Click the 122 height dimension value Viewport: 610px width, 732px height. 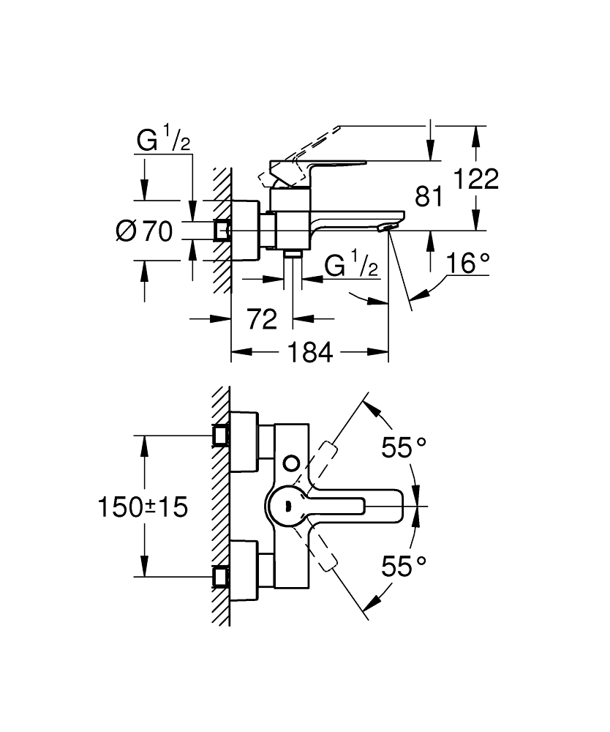pyautogui.click(x=476, y=178)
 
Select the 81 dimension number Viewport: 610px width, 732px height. pyautogui.click(x=429, y=196)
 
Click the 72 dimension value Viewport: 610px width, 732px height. pyautogui.click(x=261, y=319)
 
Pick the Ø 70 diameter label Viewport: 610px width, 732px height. pyautogui.click(x=144, y=232)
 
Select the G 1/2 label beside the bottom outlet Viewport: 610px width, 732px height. pyautogui.click(x=350, y=265)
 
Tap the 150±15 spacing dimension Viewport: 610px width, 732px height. pyautogui.click(x=143, y=507)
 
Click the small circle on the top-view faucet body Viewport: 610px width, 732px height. pyautogui.click(x=292, y=463)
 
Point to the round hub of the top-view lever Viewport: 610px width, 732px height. pyautogui.click(x=288, y=506)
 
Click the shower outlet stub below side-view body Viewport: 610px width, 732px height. pyautogui.click(x=293, y=254)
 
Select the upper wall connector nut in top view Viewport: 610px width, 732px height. pyautogui.click(x=220, y=435)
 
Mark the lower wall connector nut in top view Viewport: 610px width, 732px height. pyautogui.click(x=220, y=578)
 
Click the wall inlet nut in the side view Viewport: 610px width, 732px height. pyautogui.click(x=220, y=231)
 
